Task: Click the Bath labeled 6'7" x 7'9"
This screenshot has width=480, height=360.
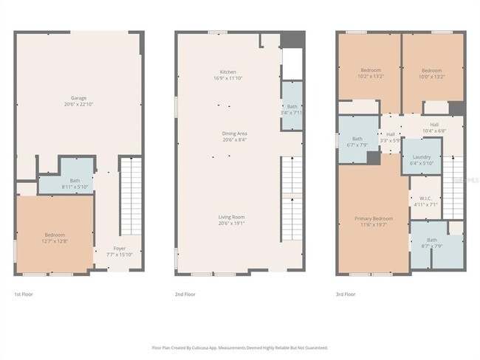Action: click(x=357, y=141)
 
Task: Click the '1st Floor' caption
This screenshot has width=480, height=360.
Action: click(x=23, y=294)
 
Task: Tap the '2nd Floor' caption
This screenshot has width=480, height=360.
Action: click(x=185, y=294)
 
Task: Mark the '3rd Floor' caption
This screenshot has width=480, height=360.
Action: click(x=346, y=294)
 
